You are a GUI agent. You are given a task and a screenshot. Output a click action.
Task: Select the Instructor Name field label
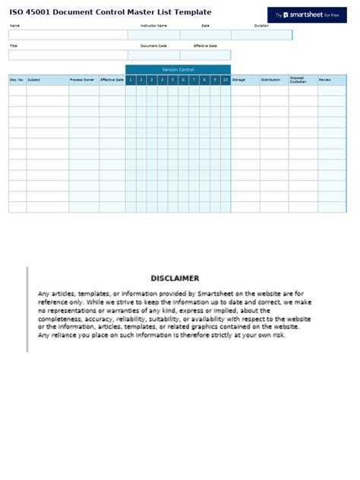(x=153, y=26)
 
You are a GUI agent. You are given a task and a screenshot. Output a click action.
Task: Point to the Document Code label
(x=153, y=46)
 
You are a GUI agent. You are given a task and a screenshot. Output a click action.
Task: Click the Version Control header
(x=178, y=69)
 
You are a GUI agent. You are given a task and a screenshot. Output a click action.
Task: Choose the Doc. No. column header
(x=17, y=80)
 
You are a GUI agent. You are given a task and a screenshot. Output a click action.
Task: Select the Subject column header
(x=34, y=80)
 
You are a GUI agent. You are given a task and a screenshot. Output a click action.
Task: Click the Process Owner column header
(x=82, y=80)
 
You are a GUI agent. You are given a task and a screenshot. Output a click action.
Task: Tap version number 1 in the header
(x=131, y=80)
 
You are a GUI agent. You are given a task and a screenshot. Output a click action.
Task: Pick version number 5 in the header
(x=173, y=80)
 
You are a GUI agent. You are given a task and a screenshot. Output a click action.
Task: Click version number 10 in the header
(x=226, y=80)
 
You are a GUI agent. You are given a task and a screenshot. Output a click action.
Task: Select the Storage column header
(x=239, y=80)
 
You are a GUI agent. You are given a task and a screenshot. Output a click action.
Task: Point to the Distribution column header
(x=271, y=80)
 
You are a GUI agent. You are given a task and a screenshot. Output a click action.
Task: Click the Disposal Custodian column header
(x=298, y=80)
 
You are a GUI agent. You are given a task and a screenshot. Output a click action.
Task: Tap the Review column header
(x=325, y=80)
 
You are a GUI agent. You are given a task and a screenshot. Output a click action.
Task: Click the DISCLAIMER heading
(x=175, y=279)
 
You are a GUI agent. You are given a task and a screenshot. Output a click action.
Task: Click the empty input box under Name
(x=68, y=35)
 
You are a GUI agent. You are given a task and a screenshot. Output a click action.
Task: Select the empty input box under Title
(x=68, y=55)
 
